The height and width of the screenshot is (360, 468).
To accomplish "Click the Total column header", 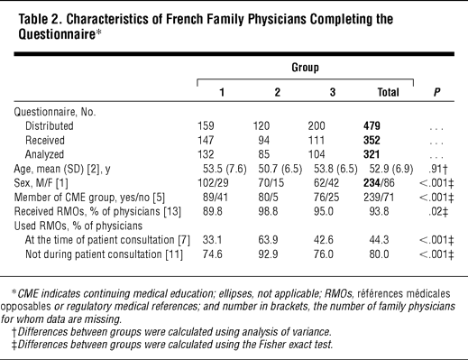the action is point(388,92).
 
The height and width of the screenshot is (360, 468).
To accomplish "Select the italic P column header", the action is point(436,92).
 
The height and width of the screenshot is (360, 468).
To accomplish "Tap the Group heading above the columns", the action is point(305,67).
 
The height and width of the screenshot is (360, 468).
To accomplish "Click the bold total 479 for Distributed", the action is point(372,125).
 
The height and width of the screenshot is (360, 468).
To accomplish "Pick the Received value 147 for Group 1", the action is point(206,140).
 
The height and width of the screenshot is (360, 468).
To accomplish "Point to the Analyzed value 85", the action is point(264,154).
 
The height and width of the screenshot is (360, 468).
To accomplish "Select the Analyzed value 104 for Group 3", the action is point(317,154).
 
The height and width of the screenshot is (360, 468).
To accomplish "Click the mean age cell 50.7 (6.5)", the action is point(280,169).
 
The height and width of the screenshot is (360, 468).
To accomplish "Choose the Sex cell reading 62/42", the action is point(326,183).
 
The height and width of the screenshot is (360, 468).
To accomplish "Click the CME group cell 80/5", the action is point(268,198).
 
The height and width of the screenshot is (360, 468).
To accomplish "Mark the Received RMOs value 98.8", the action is point(268,211).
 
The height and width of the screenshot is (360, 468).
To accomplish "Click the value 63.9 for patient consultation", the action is point(268,240).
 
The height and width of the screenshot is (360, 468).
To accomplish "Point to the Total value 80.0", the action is point(379,254).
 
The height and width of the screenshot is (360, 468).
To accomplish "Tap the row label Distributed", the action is point(50,125).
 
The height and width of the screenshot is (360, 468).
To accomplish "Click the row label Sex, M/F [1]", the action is point(41,183).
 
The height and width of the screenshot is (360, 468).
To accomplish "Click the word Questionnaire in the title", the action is point(57,34).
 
